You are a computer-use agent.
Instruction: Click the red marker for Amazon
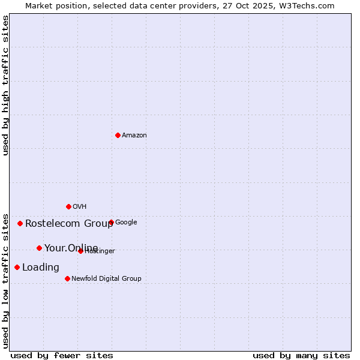click(x=118, y=135)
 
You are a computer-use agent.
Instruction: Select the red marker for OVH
click(x=68, y=206)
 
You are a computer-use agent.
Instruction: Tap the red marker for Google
click(x=111, y=222)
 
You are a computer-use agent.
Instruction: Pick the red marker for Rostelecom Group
click(x=20, y=223)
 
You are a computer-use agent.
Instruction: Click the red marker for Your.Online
click(x=39, y=248)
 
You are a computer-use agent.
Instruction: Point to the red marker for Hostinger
click(x=80, y=251)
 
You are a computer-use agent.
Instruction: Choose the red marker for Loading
click(x=17, y=267)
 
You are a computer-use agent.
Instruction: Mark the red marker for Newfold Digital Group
click(x=67, y=278)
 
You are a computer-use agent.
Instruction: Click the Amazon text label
click(x=134, y=136)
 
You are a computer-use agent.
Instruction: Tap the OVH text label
click(x=80, y=207)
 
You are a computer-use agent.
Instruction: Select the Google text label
click(x=126, y=223)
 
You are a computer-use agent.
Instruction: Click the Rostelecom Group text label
click(x=69, y=224)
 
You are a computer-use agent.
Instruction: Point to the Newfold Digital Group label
click(x=106, y=279)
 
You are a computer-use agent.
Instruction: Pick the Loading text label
click(x=41, y=268)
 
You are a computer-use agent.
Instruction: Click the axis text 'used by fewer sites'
click(x=62, y=355)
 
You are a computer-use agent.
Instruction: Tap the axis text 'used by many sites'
click(x=301, y=355)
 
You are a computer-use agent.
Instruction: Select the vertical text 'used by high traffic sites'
click(x=5, y=85)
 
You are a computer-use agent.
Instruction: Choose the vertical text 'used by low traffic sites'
click(x=5, y=280)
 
